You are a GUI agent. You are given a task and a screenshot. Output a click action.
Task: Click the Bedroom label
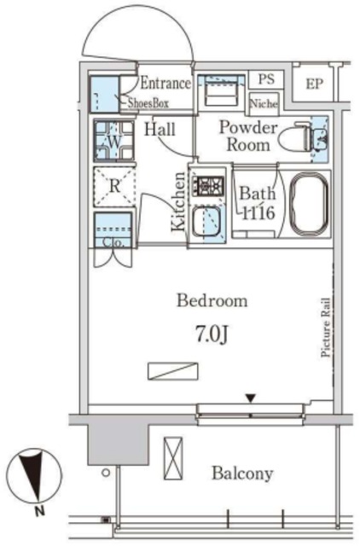(x=212, y=301)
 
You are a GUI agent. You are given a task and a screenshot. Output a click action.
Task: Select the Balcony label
(x=242, y=473)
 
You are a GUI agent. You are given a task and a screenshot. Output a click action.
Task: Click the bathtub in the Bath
(x=309, y=204)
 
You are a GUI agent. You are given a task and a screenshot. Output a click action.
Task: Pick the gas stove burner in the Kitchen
(x=208, y=186)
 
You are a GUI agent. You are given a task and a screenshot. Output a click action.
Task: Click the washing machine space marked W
(x=113, y=140)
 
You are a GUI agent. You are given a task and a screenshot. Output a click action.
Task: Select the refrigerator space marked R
(x=113, y=187)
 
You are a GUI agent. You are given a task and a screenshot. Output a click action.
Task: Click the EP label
(x=315, y=84)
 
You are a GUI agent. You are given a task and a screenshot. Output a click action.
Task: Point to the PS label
(x=266, y=78)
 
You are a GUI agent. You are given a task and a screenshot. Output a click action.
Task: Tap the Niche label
(x=264, y=103)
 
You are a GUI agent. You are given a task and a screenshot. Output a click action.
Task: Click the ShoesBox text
(x=148, y=102)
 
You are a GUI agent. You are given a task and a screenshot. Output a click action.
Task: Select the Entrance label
(x=165, y=83)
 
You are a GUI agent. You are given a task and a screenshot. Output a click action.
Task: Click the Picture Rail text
(x=326, y=328)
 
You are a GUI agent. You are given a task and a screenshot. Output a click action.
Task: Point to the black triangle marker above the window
(x=250, y=398)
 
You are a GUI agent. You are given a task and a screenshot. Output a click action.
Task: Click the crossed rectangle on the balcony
(x=173, y=458)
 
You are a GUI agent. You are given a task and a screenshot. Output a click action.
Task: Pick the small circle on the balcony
(x=106, y=473)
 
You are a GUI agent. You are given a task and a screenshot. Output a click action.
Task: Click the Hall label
(x=160, y=130)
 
